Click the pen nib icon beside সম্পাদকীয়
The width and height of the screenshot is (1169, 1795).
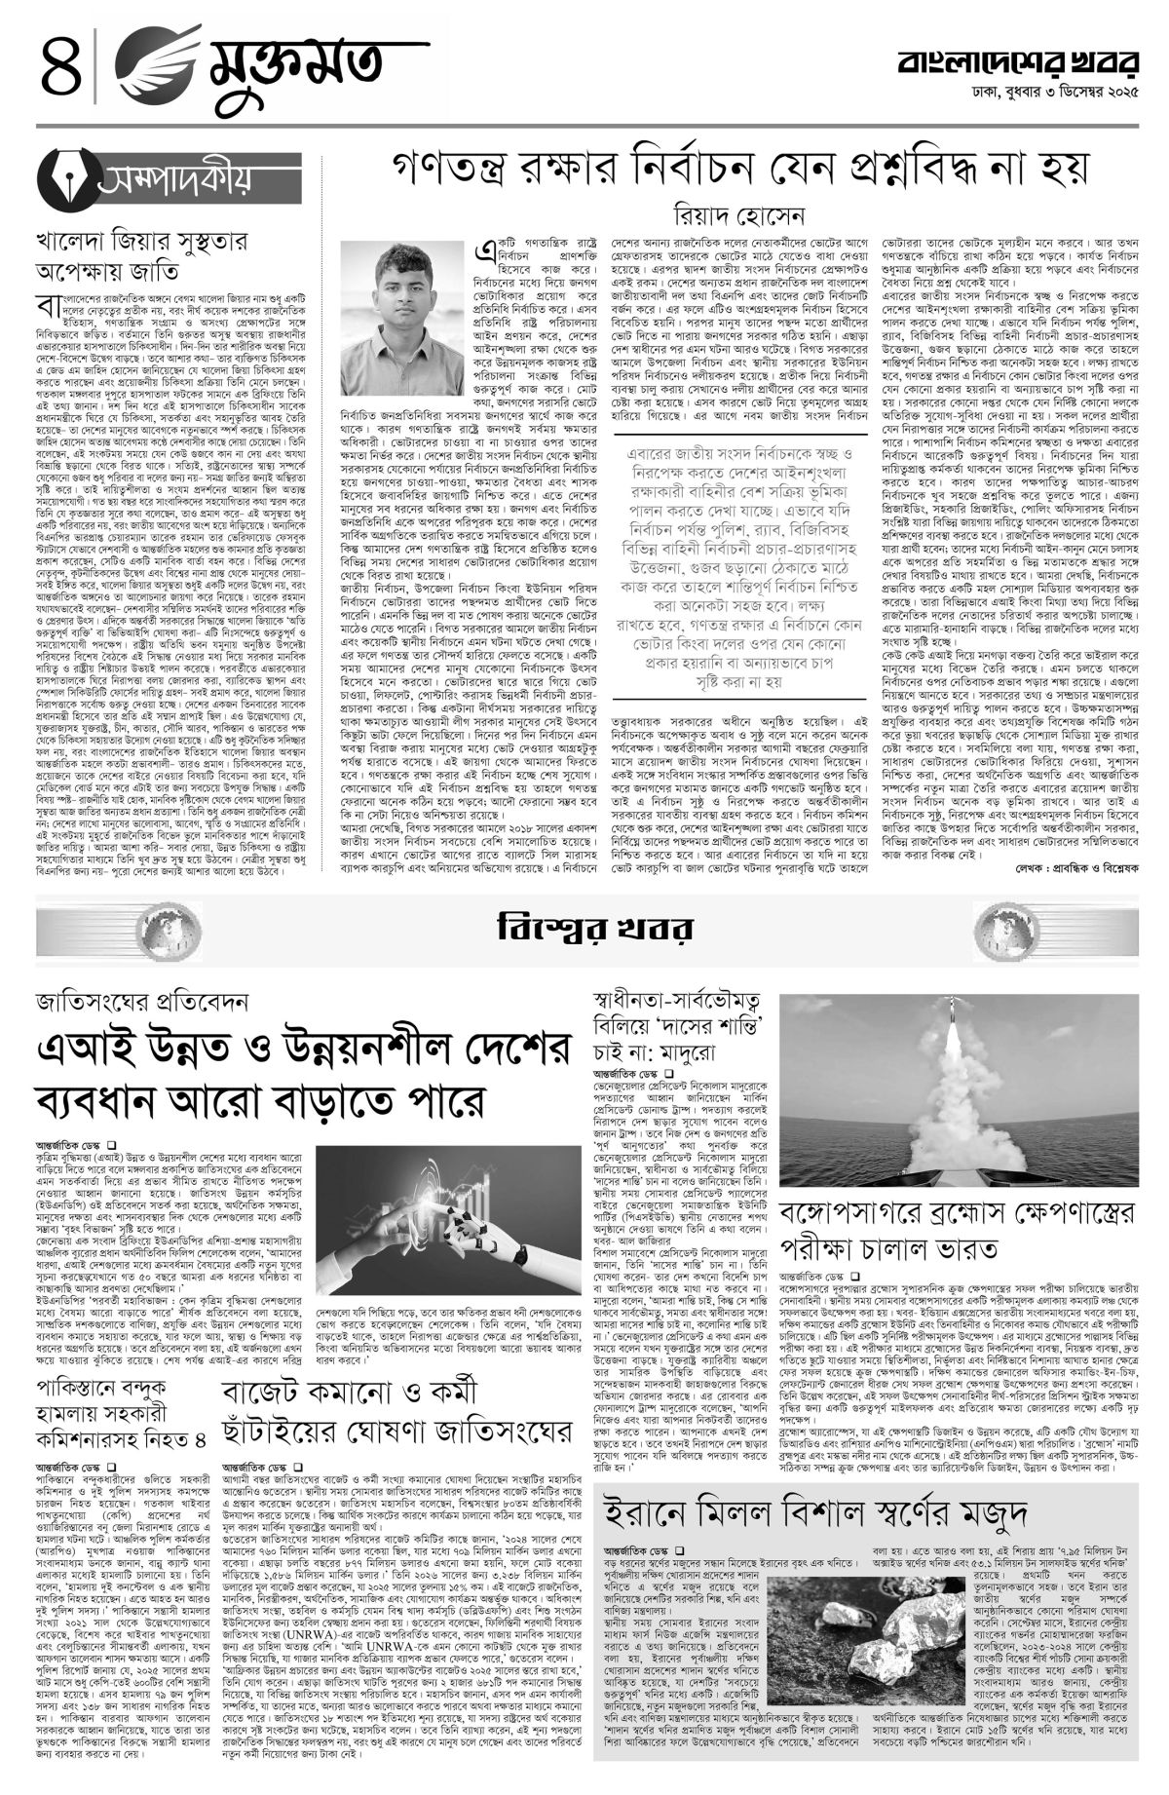tap(69, 180)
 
